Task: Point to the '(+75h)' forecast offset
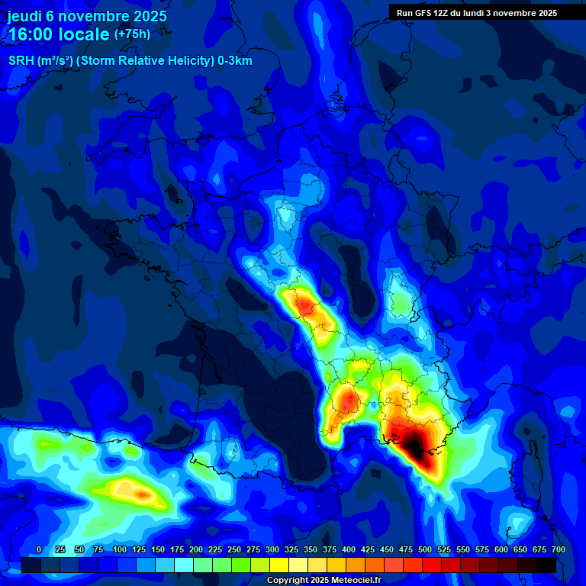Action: tap(132, 34)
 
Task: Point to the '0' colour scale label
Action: tap(39, 550)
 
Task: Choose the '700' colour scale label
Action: tap(558, 550)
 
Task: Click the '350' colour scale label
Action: tap(311, 550)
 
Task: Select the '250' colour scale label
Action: tap(234, 550)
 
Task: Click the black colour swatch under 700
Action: tap(546, 565)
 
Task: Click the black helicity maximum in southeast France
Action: tap(413, 443)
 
